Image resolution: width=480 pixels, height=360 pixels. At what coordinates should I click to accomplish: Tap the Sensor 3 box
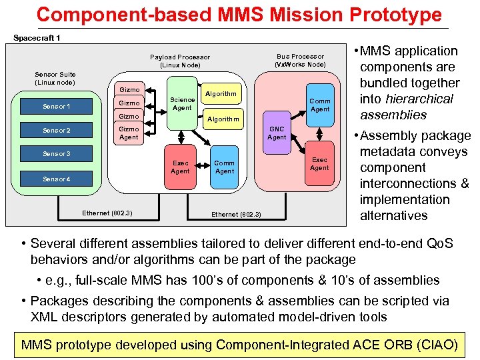point(56,154)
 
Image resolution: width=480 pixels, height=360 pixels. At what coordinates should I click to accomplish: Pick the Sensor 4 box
point(56,179)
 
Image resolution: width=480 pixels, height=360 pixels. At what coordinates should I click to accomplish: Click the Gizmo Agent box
point(129,133)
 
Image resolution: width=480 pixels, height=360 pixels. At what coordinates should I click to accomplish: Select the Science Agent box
point(182,103)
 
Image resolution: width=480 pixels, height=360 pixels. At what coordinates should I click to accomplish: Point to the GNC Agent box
point(277,133)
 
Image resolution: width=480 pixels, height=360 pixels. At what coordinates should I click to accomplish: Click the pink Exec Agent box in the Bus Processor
point(319,163)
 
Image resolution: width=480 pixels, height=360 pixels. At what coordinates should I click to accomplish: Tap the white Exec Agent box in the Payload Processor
point(180,167)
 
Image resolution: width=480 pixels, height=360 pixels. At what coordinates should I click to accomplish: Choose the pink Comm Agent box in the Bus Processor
point(320,105)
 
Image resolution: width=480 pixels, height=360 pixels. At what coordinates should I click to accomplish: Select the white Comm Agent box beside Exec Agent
point(224,167)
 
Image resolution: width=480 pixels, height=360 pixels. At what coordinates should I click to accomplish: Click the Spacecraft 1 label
point(37,37)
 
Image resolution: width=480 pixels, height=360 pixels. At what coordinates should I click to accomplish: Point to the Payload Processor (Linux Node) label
point(180,61)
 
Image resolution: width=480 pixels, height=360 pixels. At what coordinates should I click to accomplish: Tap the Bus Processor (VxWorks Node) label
point(300,60)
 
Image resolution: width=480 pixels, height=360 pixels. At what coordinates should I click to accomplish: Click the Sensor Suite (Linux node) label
point(55,78)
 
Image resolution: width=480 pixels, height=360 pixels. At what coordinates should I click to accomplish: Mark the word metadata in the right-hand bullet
point(387,151)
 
